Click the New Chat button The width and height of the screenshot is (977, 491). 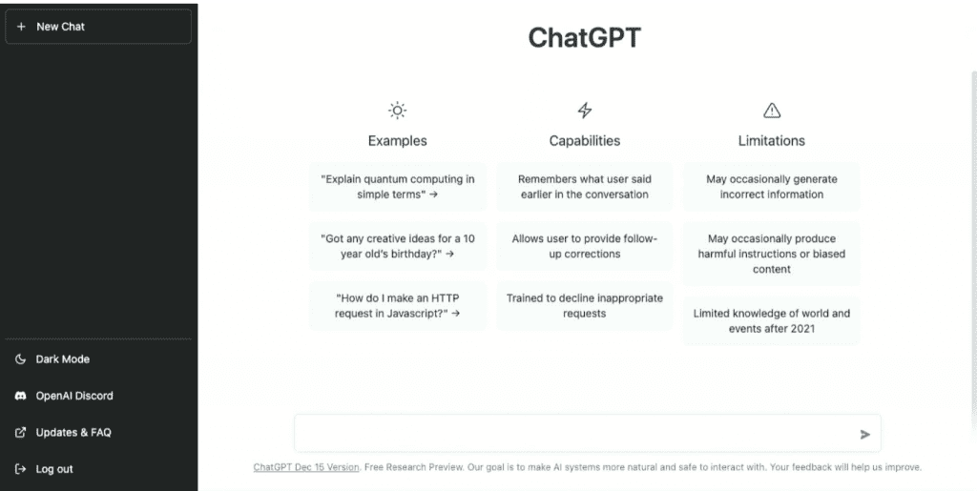pyautogui.click(x=98, y=27)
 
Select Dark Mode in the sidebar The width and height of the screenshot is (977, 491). pyautogui.click(x=63, y=359)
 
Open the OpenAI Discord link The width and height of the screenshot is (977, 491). pyautogui.click(x=73, y=396)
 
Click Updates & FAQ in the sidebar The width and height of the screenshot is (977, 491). pyautogui.click(x=73, y=432)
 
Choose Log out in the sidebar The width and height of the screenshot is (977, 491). pyautogui.click(x=54, y=469)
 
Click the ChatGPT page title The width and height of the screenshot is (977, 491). pyautogui.click(x=585, y=38)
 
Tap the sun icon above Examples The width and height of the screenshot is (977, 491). pyautogui.click(x=397, y=111)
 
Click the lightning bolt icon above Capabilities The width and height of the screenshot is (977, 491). pyautogui.click(x=585, y=111)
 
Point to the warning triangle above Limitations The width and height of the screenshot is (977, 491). pyautogui.click(x=772, y=111)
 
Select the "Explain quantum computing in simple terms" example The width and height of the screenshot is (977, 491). pyautogui.click(x=398, y=187)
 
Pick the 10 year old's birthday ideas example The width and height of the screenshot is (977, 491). pyautogui.click(x=398, y=246)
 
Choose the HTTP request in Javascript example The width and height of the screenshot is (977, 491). pyautogui.click(x=398, y=305)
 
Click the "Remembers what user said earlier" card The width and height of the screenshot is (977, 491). pyautogui.click(x=585, y=187)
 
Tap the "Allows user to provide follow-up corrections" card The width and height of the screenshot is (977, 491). pyautogui.click(x=585, y=246)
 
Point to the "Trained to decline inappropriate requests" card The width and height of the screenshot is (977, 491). pyautogui.click(x=585, y=305)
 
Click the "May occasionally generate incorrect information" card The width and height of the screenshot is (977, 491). pyautogui.click(x=772, y=187)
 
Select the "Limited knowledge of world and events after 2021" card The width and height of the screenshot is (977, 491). pyautogui.click(x=772, y=320)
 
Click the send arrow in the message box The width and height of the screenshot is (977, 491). pyautogui.click(x=864, y=434)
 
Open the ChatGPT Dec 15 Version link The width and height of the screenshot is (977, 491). pyautogui.click(x=306, y=467)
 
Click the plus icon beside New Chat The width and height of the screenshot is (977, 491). pyautogui.click(x=21, y=27)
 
